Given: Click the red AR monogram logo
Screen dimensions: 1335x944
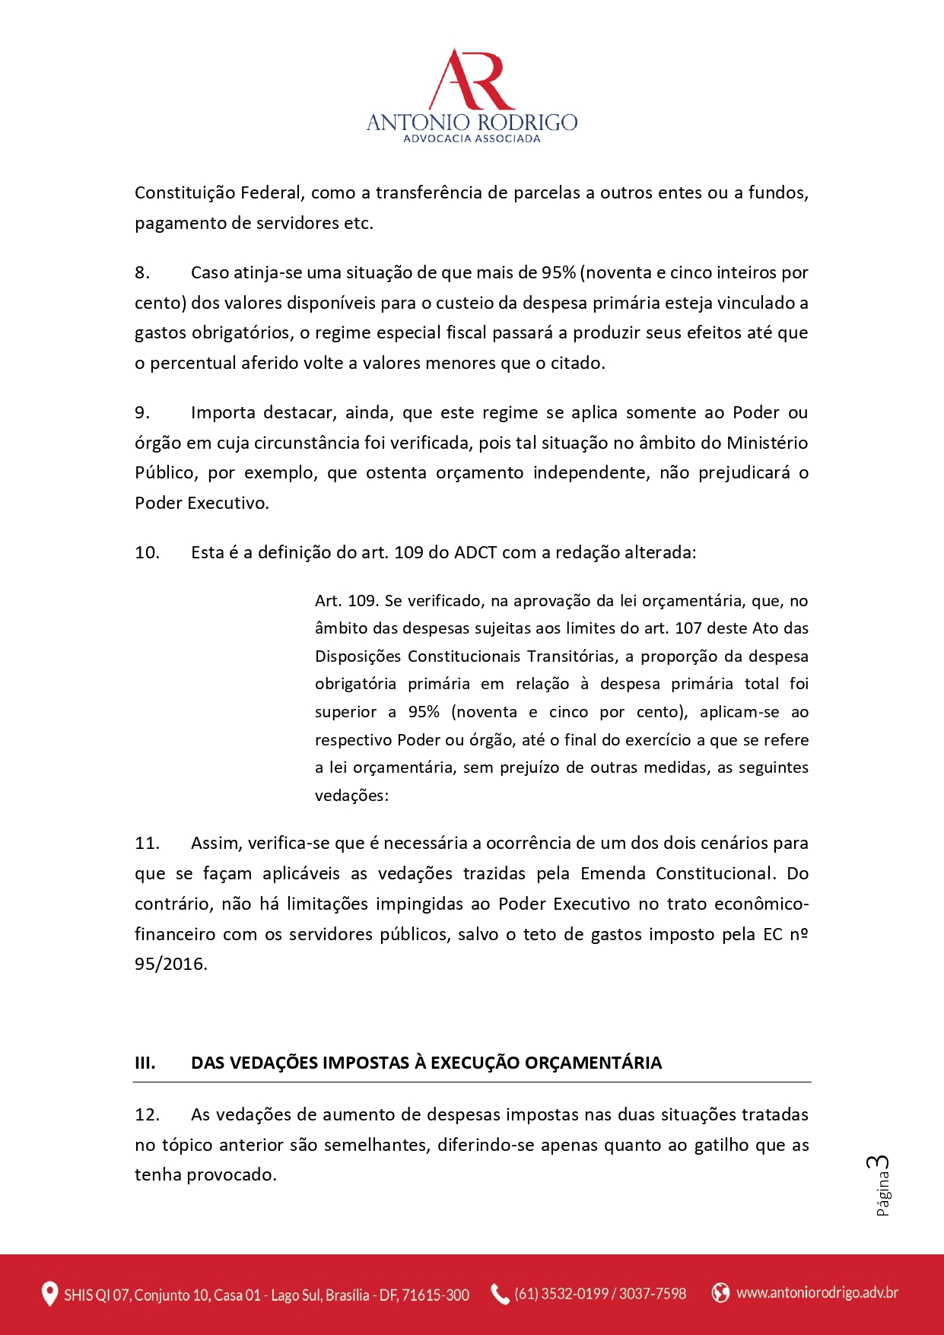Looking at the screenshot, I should [472, 80].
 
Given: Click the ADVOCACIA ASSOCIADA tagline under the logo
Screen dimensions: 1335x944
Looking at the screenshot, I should [472, 138].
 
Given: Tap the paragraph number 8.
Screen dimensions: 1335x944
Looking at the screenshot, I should [142, 272].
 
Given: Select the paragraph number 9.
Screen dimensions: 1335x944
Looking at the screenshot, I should [142, 412].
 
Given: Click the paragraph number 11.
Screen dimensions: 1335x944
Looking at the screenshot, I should [147, 843].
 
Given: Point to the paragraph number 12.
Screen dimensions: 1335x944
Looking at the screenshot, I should [147, 1114].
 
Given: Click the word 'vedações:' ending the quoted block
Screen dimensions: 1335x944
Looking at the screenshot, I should [351, 796].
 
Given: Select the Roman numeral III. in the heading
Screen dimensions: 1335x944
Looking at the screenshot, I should [145, 1063].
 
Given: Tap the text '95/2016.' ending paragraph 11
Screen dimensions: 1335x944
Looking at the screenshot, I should [171, 964].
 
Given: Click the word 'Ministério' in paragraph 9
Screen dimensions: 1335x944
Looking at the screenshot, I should [767, 443].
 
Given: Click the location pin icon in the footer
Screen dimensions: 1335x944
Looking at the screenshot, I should [49, 1294].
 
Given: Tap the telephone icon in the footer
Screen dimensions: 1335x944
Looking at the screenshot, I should [500, 1294].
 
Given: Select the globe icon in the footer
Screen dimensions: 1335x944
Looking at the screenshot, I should [720, 1292].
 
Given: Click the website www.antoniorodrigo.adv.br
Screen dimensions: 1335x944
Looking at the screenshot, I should [817, 1292].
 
